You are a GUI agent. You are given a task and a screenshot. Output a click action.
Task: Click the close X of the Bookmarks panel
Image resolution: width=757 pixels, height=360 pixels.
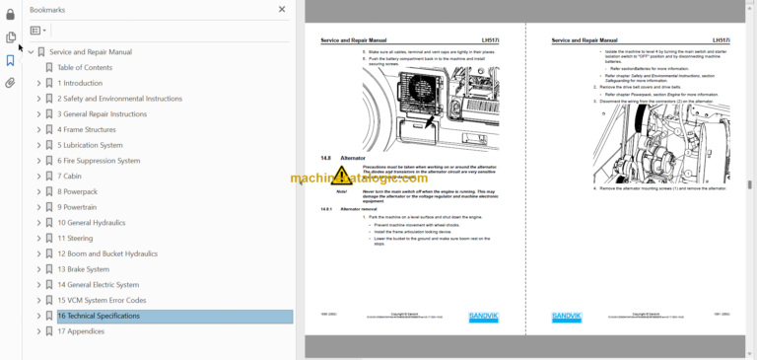tap(282, 9)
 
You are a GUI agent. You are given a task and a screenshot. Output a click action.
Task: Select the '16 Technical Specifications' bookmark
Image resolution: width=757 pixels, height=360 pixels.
tap(98, 316)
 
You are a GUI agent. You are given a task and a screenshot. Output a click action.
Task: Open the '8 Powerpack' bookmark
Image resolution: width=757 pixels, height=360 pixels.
tap(77, 191)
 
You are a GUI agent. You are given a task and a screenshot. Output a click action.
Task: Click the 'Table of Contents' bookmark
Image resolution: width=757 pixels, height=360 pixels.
tap(85, 67)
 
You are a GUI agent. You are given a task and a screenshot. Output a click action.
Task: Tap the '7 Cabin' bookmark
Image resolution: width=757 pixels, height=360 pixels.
tap(72, 176)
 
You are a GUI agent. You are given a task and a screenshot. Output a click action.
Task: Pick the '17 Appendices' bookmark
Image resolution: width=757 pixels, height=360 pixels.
tap(81, 331)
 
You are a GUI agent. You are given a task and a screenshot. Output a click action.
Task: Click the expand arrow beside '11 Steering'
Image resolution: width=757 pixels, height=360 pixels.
tap(38, 239)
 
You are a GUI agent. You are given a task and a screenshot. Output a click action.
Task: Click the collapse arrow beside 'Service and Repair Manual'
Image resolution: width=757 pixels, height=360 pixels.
tap(31, 52)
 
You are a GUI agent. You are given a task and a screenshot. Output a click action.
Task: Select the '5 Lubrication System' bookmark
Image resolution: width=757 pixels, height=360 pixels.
tap(96, 145)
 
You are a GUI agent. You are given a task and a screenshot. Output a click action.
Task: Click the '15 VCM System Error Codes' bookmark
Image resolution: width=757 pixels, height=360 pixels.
tap(102, 300)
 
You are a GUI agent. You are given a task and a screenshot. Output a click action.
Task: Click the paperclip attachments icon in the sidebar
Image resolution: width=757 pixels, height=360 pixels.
tap(10, 83)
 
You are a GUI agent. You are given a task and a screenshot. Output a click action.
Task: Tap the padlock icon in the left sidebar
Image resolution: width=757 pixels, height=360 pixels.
tap(10, 14)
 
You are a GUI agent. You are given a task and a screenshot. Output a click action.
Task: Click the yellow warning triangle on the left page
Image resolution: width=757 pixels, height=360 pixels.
tap(341, 176)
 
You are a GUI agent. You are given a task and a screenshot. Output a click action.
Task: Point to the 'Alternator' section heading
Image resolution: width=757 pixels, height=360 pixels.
tap(353, 158)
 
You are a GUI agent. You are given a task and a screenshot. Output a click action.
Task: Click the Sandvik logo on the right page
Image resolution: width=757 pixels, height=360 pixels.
tap(567, 317)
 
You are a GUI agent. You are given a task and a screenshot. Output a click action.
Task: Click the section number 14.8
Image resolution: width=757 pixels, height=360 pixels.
tap(326, 158)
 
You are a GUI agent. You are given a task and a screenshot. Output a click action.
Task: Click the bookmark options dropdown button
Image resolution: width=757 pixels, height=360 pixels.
tap(38, 31)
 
